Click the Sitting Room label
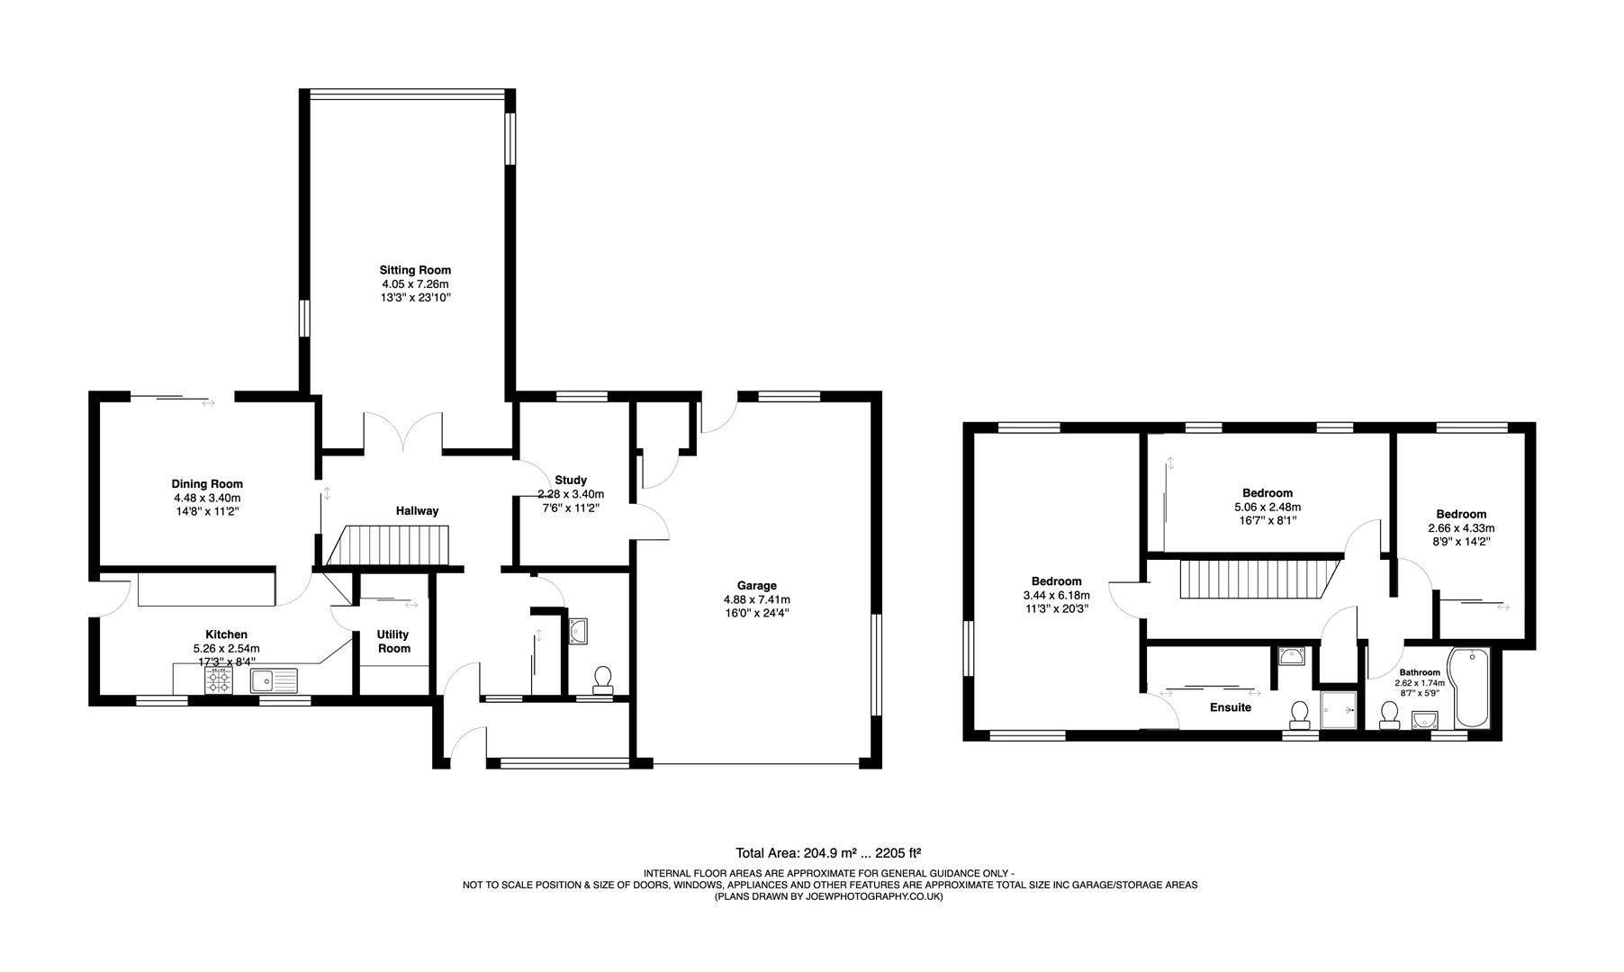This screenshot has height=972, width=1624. pos(415,270)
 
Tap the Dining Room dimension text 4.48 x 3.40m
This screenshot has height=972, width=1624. pos(207,498)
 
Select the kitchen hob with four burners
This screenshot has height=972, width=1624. pos(219,680)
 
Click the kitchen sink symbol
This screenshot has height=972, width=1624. pos(274,680)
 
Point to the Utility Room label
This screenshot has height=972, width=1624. pos(393,642)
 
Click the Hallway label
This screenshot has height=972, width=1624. pos(417,511)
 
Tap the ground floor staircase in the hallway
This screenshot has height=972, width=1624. pos(393,545)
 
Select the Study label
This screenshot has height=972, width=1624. pos(571,481)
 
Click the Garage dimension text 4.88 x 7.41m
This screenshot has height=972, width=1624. pos(756,599)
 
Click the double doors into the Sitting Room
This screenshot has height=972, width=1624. pos(402,434)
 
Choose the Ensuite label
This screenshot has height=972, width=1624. pos(1230,707)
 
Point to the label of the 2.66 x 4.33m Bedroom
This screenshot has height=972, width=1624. pos(1460,515)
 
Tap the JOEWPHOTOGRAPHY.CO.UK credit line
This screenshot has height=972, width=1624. pos(828,896)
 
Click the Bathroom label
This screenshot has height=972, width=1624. pos(1419,672)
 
